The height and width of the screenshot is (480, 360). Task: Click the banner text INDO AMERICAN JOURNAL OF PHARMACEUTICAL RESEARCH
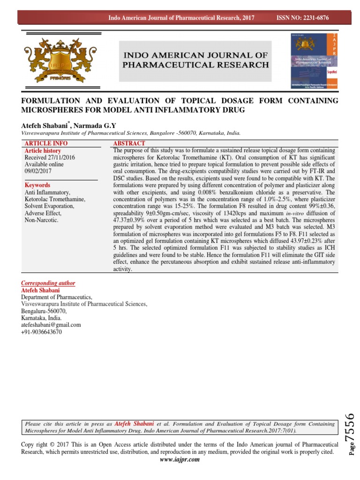pos(195,60)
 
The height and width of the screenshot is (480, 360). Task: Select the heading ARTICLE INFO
pos(46,143)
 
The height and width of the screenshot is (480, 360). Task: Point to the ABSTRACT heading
pos(129,143)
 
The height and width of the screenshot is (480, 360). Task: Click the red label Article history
pos(43,151)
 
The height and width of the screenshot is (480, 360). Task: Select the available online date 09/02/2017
pos(39,172)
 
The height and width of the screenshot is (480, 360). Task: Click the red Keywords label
pos(37,186)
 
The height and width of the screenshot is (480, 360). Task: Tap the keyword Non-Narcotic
pos(41,220)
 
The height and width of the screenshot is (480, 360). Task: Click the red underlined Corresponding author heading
pos(48,284)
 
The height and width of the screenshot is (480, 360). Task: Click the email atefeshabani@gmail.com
pos(51,325)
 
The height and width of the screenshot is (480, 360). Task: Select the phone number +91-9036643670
pos(41,332)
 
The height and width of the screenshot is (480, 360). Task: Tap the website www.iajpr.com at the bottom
pos(180,460)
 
